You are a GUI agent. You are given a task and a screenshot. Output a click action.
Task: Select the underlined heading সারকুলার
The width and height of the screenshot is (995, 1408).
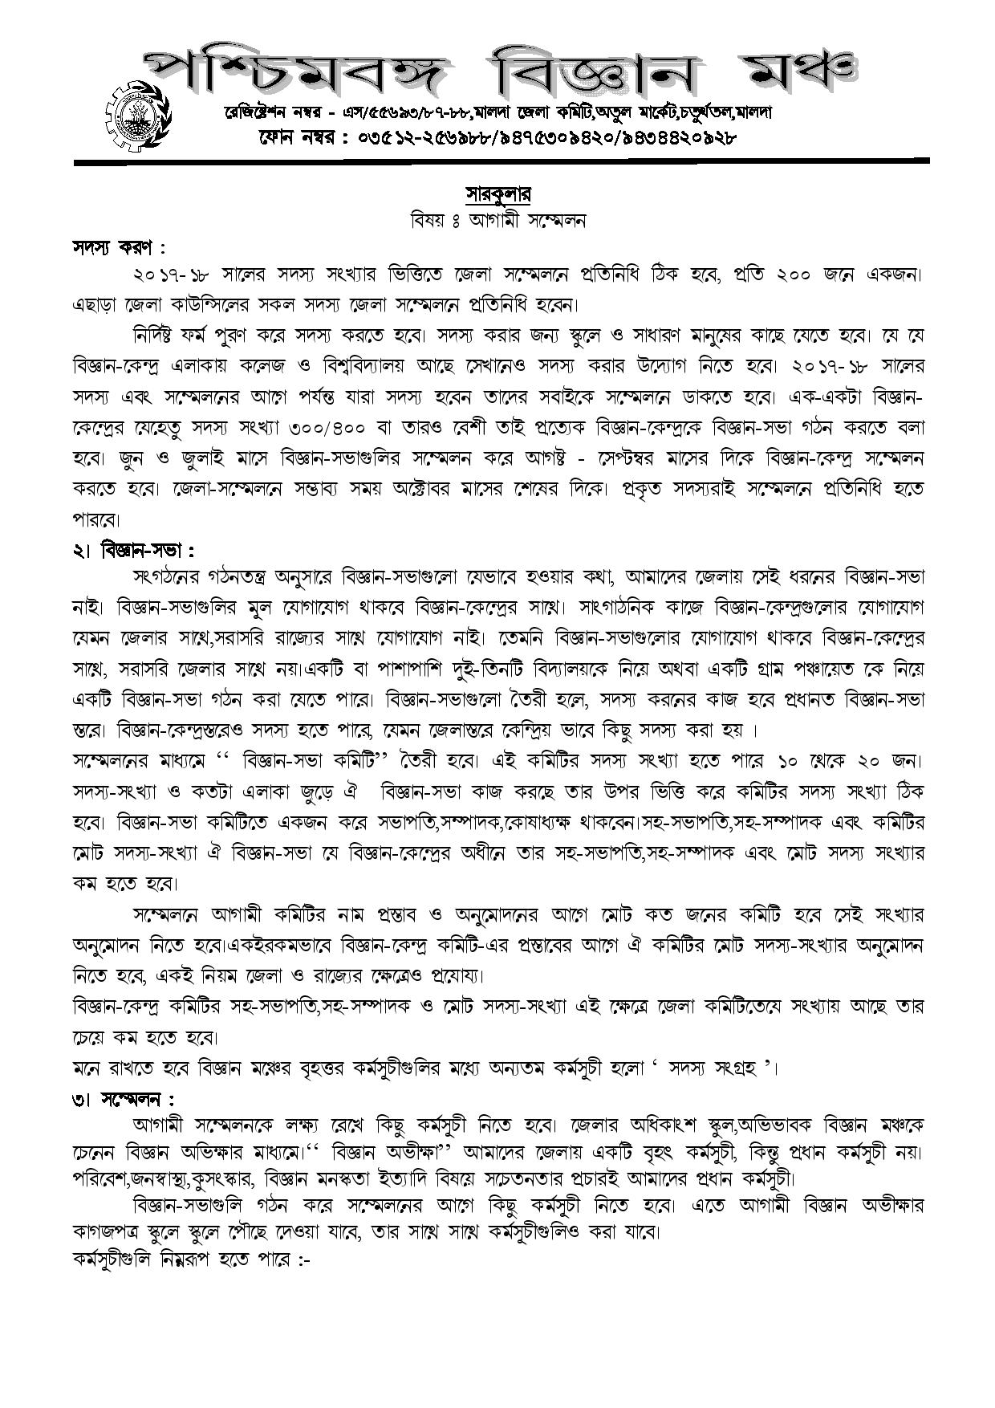click(x=498, y=195)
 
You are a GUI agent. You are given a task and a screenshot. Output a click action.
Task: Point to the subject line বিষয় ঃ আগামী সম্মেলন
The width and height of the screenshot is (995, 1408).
click(x=497, y=221)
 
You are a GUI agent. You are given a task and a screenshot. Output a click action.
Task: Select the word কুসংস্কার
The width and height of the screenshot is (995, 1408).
click(x=256, y=1180)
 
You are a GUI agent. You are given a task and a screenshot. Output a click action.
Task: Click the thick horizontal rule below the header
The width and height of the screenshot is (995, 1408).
click(x=501, y=162)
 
